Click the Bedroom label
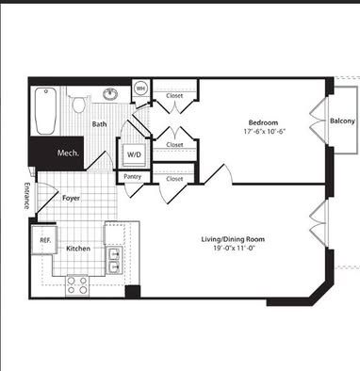pos(263,122)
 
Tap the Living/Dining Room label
pos(233,239)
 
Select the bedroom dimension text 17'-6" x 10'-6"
pos(264,131)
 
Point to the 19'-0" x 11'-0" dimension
pos(234,248)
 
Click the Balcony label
pos(342,121)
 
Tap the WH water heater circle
pos(140,89)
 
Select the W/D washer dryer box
pos(134,155)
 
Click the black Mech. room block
pos(57,153)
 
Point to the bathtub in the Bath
pos(46,111)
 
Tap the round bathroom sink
pos(110,93)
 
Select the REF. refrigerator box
pos(44,240)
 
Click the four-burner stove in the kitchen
pos(77,285)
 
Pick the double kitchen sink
pos(114,260)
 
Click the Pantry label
pos(132,177)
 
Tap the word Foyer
pos(71,199)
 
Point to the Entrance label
pos(27,196)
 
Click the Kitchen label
pos(78,249)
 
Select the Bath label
pos(99,124)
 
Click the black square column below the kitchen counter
pos(133,292)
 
